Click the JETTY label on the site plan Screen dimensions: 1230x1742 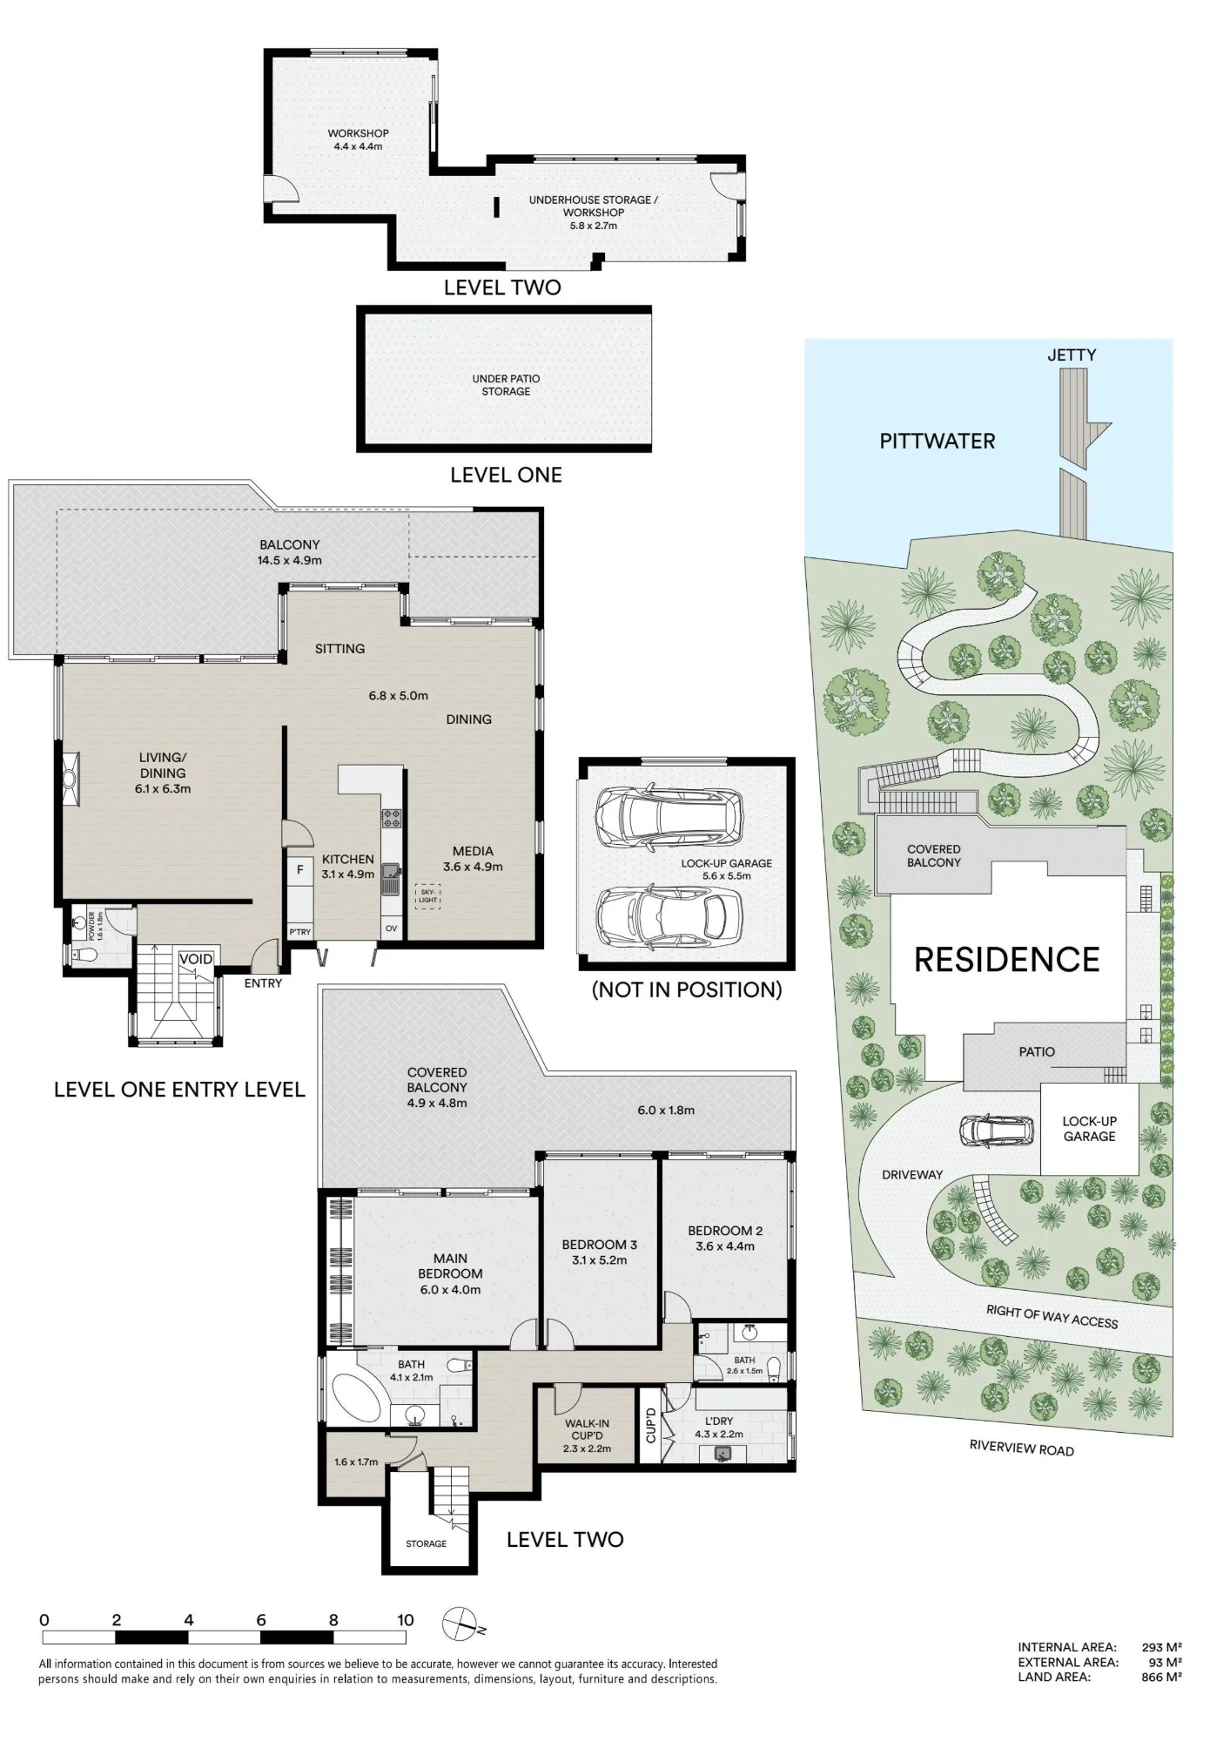tap(1071, 355)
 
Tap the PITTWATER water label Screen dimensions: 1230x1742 tap(937, 441)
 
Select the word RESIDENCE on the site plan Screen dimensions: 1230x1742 tap(1007, 960)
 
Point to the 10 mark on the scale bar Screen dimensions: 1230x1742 tap(406, 1621)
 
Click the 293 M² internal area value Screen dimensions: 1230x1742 tap(1161, 1647)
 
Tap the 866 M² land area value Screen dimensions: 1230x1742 tap(1161, 1677)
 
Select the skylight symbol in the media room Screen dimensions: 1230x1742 tap(427, 896)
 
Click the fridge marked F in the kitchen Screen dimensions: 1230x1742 tap(300, 870)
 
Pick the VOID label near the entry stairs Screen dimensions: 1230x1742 tap(195, 959)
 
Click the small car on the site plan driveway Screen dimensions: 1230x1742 tap(997, 1131)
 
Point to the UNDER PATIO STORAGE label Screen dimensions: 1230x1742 tap(506, 385)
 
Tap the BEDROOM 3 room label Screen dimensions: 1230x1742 tap(599, 1245)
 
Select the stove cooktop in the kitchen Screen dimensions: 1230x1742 tap(391, 819)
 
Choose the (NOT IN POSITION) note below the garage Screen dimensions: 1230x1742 tap(687, 989)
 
